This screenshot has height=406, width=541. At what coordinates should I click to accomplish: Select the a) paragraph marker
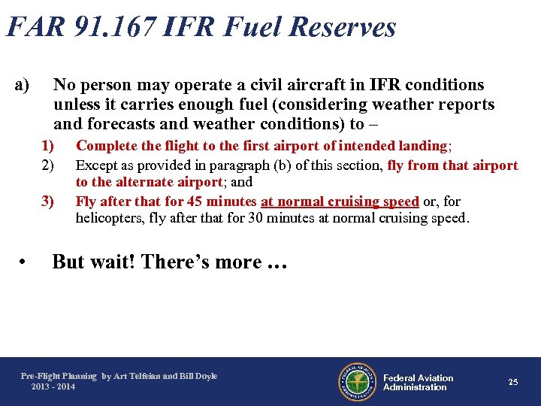(x=22, y=85)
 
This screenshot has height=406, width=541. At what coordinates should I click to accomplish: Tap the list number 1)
(x=48, y=146)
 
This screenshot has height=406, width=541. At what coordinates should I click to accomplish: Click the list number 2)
(x=48, y=165)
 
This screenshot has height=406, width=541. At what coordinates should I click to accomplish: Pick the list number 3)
(x=48, y=201)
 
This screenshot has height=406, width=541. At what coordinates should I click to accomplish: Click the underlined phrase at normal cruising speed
(x=340, y=201)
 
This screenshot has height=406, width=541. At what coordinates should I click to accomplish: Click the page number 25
(x=513, y=382)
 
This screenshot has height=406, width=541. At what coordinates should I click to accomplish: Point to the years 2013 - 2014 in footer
(x=53, y=386)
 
